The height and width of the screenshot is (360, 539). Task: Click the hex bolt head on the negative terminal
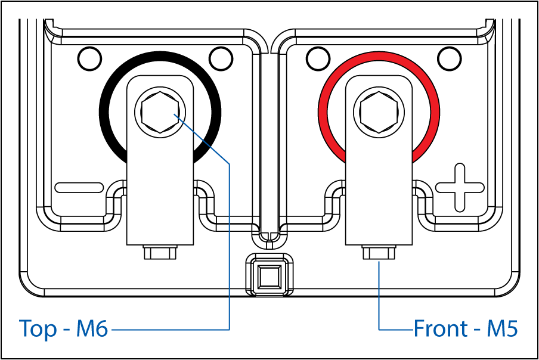(x=160, y=112)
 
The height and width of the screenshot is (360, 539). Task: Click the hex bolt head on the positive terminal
(x=379, y=112)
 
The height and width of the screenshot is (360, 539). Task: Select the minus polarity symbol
(x=79, y=188)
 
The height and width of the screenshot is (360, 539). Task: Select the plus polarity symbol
(x=460, y=188)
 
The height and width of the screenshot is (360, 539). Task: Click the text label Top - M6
(x=64, y=328)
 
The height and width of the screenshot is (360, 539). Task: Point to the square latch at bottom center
(x=269, y=274)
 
